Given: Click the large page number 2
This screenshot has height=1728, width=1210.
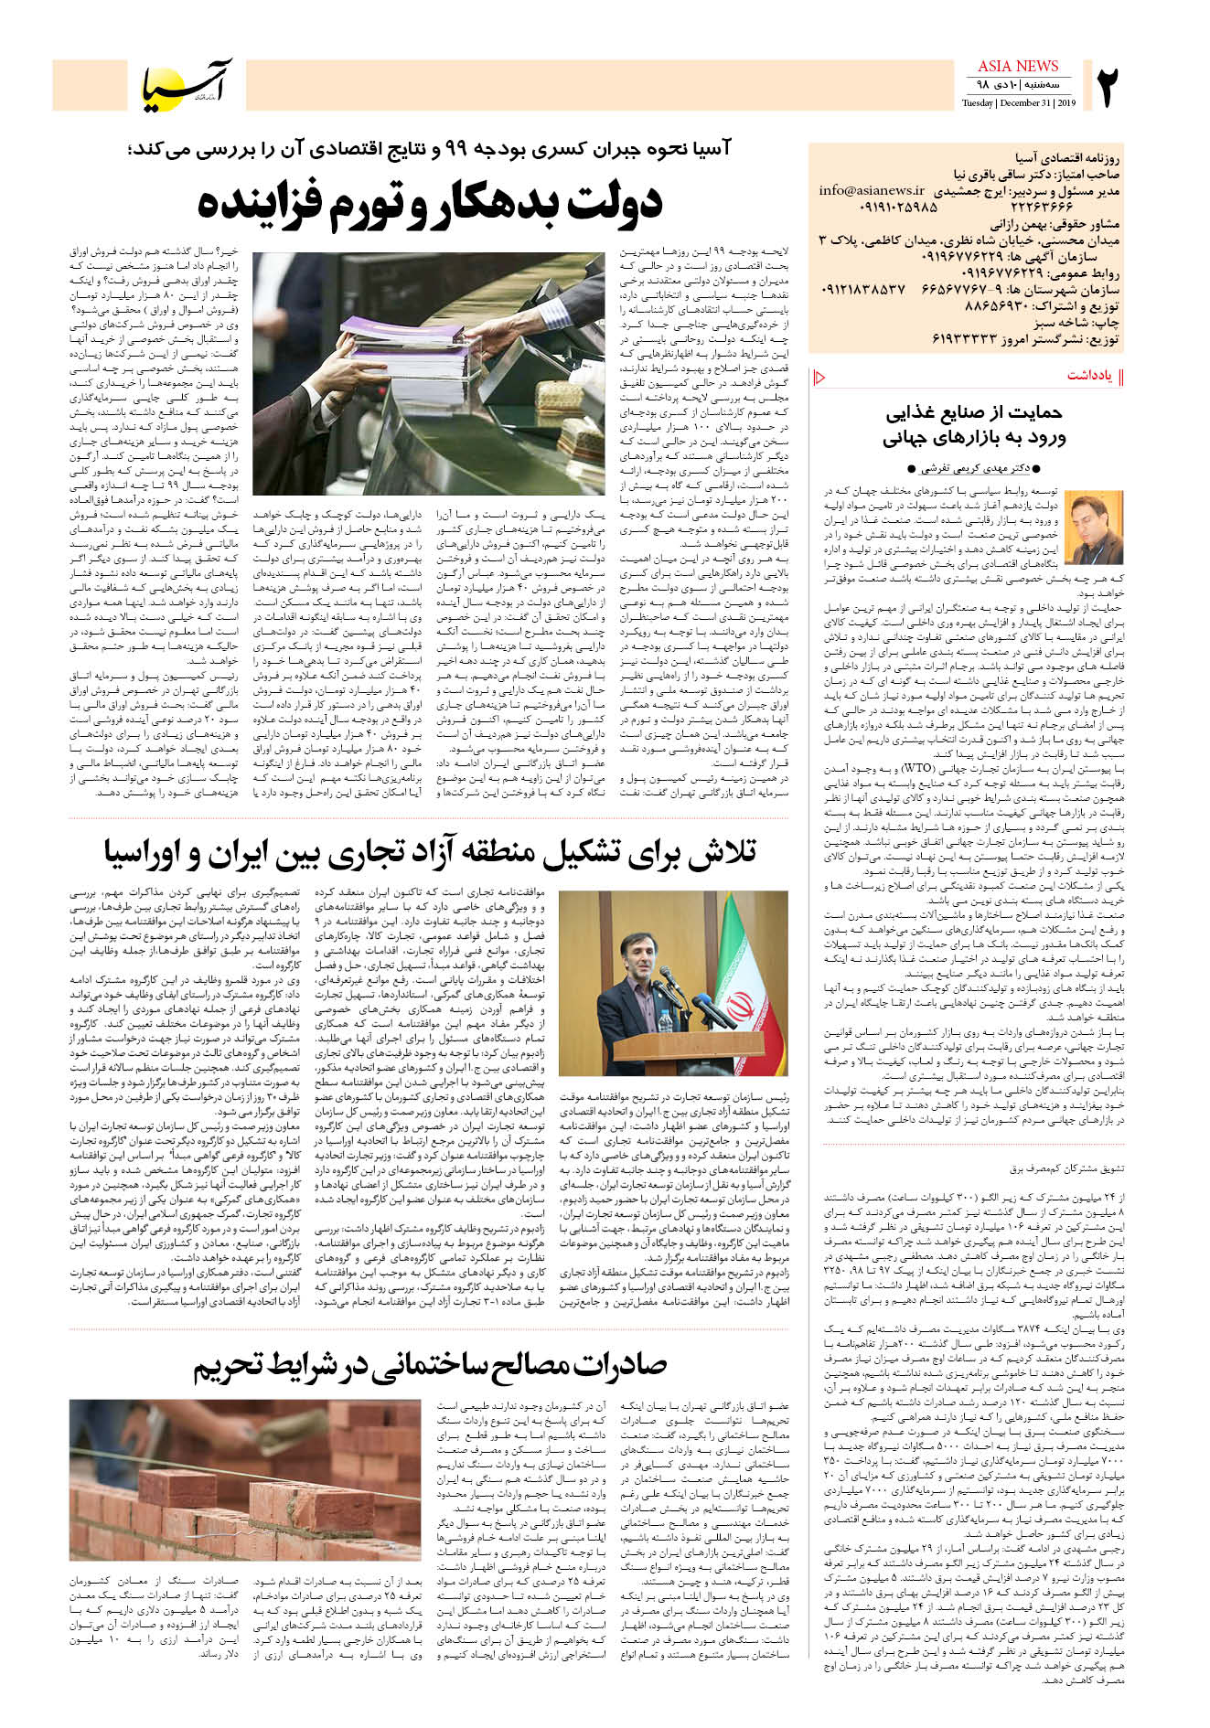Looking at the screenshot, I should (1108, 86).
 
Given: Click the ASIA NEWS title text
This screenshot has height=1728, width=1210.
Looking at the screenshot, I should (1018, 66).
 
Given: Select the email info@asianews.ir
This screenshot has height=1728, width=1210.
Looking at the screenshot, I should (872, 191).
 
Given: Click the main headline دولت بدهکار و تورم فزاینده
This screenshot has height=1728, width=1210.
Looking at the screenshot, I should (429, 203).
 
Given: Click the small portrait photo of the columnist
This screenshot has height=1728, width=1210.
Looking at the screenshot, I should (1095, 528).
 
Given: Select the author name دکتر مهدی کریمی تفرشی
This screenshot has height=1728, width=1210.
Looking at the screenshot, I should (973, 468).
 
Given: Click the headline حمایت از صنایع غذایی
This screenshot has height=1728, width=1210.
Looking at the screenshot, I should (973, 412).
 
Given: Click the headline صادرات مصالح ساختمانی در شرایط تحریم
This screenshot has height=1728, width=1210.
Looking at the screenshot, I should (429, 1365).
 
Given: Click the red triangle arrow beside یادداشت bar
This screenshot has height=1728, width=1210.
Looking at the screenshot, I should (819, 377).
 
